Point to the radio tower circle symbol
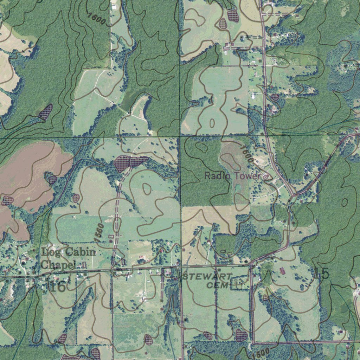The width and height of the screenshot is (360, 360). [x=266, y=177]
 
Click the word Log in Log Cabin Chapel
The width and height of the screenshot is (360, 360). [x=49, y=252]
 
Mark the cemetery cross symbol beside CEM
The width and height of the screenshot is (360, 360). [x=238, y=284]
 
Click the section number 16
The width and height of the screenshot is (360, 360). [x=57, y=286]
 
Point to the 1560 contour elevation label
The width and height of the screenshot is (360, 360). [x=99, y=232]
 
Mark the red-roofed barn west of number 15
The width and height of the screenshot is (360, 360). [x=282, y=271]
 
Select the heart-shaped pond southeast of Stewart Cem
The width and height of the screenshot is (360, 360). [x=241, y=335]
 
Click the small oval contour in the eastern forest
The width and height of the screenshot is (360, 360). [x=345, y=202]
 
